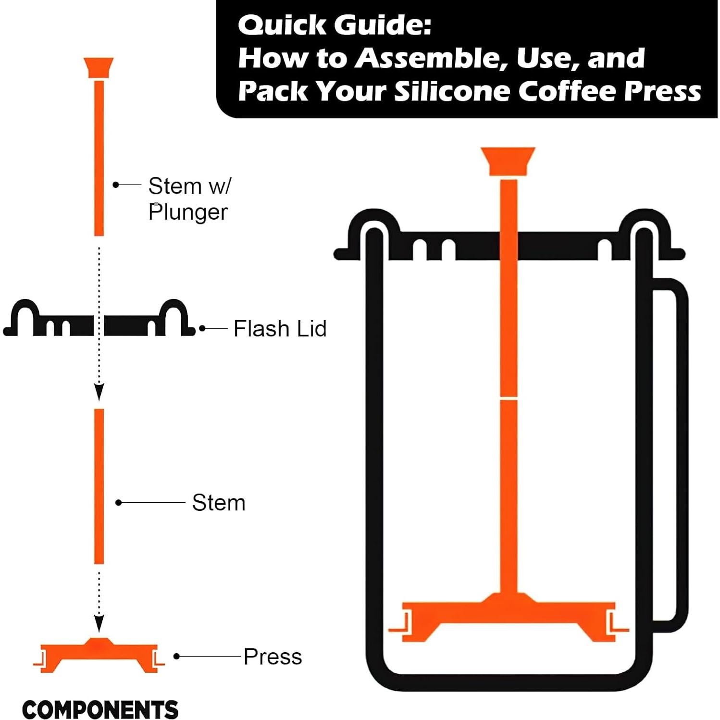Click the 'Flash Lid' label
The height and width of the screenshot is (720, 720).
click(280, 329)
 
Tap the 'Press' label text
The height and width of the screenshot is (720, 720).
click(273, 657)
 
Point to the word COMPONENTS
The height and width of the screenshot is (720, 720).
click(100, 709)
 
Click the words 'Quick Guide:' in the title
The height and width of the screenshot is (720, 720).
click(335, 25)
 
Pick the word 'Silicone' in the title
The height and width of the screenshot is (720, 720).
click(452, 91)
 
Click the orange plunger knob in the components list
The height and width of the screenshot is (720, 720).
click(99, 68)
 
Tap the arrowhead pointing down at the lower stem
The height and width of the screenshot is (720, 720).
click(99, 392)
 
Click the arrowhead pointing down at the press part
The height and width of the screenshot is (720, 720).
click(99, 623)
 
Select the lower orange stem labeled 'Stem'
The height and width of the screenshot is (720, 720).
click(99, 486)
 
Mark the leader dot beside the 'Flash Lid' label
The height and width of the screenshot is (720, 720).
click(202, 329)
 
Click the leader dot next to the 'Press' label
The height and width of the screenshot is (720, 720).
click(176, 656)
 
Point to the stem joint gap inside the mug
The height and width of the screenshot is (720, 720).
click(509, 398)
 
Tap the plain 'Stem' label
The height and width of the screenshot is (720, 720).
click(219, 503)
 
